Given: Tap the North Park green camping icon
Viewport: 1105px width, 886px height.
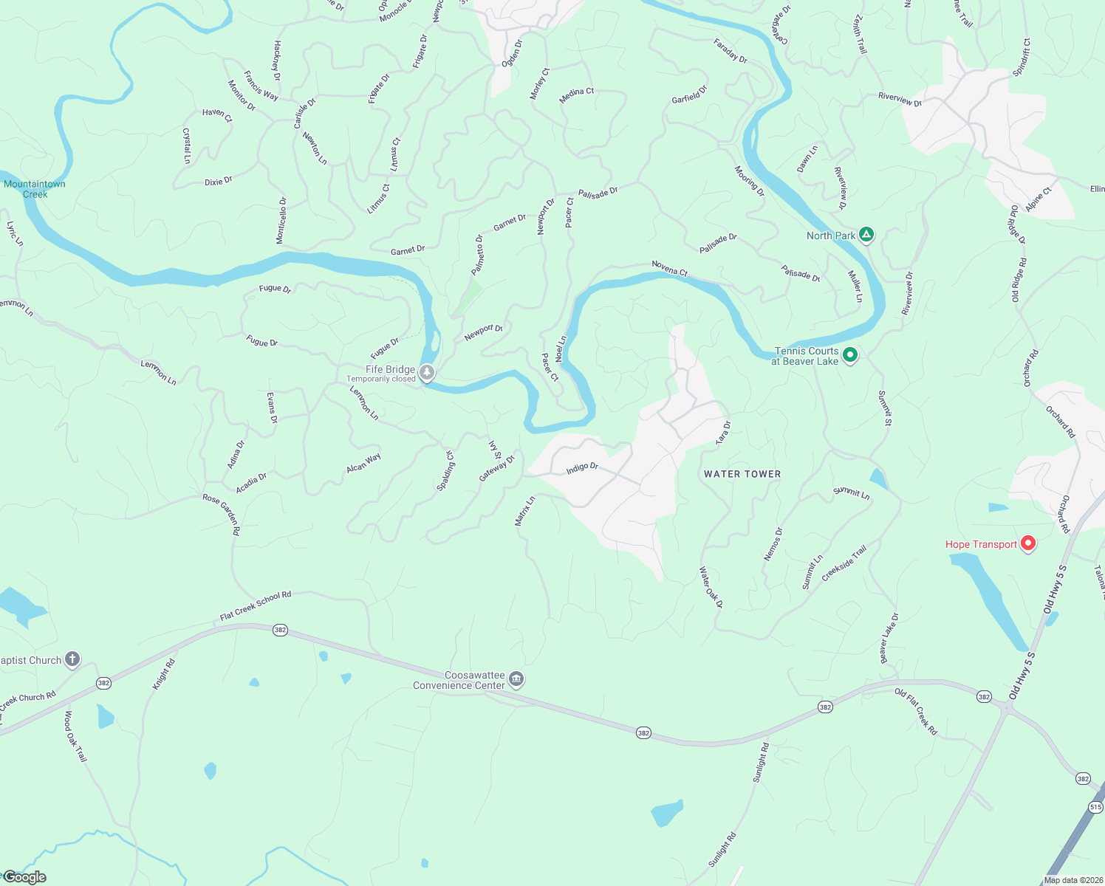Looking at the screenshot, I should coord(866,236).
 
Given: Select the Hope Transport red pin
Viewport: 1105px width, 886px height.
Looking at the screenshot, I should coord(1027,544).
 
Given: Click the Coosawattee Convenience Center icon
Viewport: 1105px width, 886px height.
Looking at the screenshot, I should coord(516,679).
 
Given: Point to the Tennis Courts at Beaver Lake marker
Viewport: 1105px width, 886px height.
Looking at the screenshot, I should coord(850,356).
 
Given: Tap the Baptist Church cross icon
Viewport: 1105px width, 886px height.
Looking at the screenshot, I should coord(72,659).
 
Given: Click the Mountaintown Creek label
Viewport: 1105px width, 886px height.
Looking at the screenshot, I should coord(35,189).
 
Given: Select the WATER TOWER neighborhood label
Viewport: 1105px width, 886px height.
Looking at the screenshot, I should coord(742,474).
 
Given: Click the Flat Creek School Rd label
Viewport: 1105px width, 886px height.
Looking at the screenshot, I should coord(256,605).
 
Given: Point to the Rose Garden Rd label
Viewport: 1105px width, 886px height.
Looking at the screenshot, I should coord(221,514).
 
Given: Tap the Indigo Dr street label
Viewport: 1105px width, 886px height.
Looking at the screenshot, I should coord(582,468).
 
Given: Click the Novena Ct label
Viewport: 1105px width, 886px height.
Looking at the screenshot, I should coord(669,268).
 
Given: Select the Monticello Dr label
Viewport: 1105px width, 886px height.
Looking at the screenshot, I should coord(281,220).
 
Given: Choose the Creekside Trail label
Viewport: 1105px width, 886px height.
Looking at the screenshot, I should coord(844,563).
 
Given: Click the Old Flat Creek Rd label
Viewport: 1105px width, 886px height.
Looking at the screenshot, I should coord(916,711).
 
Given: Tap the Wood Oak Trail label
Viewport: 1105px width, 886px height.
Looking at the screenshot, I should coord(75,736).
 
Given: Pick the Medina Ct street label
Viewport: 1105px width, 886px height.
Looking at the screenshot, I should coord(577,95).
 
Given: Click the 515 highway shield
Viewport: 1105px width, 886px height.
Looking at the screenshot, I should coord(1095,807).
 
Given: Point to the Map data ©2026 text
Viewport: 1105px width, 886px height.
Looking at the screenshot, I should coord(1071,880).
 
